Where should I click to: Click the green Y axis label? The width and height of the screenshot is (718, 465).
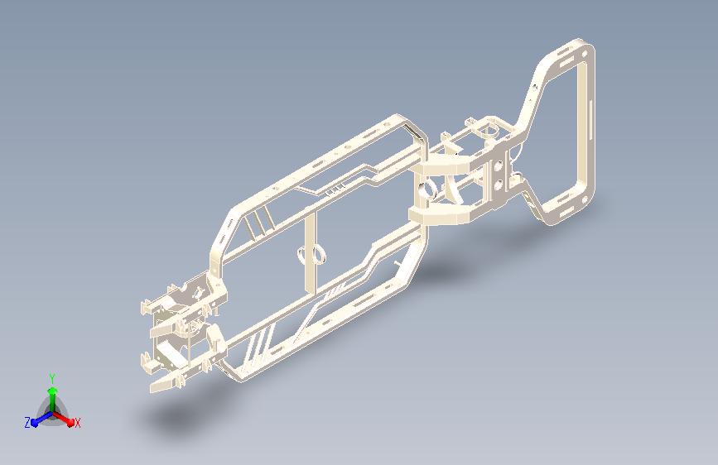pos(52,378)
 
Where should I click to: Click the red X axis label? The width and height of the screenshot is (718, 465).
pos(77,423)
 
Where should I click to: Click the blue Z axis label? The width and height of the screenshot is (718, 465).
pos(27,423)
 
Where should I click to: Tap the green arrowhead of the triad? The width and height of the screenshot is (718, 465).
pos(53,391)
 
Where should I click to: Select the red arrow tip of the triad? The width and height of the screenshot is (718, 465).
pos(70,422)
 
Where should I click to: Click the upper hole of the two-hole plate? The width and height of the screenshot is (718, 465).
pos(499,166)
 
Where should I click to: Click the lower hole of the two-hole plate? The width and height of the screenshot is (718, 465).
pos(499,185)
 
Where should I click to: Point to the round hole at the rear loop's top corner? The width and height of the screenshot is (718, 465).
pos(585,54)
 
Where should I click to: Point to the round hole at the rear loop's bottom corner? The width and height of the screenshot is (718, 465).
pos(585,199)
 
